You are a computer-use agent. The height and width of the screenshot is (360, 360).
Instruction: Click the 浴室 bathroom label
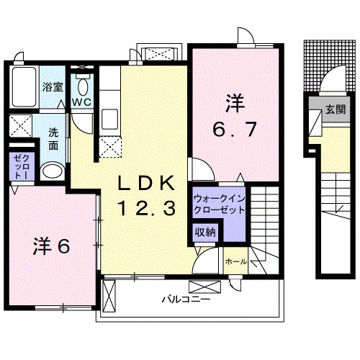[x=52, y=87]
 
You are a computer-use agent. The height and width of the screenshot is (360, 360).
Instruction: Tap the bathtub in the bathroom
[x=24, y=88]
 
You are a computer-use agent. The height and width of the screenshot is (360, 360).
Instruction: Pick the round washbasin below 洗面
[x=51, y=171]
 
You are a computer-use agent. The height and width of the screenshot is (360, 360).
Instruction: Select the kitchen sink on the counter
[x=110, y=119]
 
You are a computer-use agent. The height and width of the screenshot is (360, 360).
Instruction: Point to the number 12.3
[x=146, y=209]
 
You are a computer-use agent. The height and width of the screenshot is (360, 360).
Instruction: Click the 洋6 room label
[x=50, y=246]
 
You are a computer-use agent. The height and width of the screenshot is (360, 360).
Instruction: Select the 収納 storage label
[x=205, y=232]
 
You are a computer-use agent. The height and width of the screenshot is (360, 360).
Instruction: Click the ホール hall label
[x=235, y=261]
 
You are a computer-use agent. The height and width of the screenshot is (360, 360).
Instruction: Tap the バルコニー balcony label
[x=185, y=297]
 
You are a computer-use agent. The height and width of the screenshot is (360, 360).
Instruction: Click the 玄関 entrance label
[x=333, y=109]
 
